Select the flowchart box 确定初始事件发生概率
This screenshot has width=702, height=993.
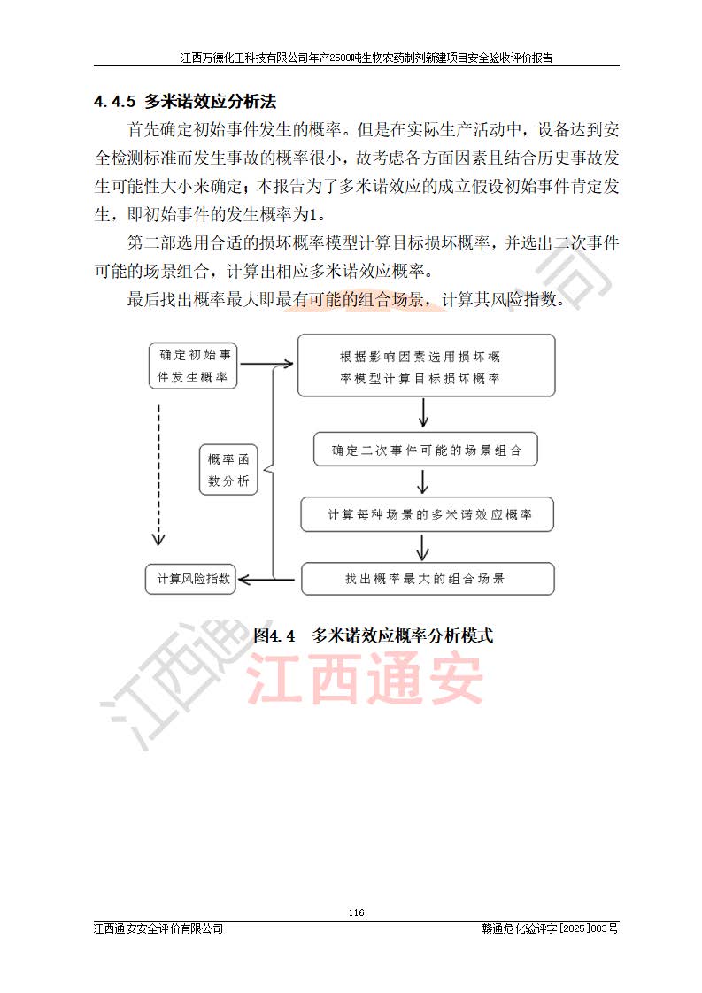pos(192,366)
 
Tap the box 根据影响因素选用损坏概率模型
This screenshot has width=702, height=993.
pos(425,365)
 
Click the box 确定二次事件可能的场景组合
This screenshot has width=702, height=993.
pos(424,450)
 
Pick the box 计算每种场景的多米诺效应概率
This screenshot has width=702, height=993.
pos(428,514)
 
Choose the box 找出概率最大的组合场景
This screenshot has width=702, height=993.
pos(428,579)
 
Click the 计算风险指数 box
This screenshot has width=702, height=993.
pos(192,579)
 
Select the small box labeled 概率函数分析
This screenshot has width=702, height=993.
pos(228,470)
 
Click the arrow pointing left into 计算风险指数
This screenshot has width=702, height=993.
pos(257,580)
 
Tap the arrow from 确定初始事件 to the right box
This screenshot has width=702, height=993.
pos(266,363)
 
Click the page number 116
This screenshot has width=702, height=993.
pos(356,913)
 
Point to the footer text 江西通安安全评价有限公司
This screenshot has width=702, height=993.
pos(158,928)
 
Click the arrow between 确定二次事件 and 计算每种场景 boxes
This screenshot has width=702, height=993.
pos(423,481)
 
